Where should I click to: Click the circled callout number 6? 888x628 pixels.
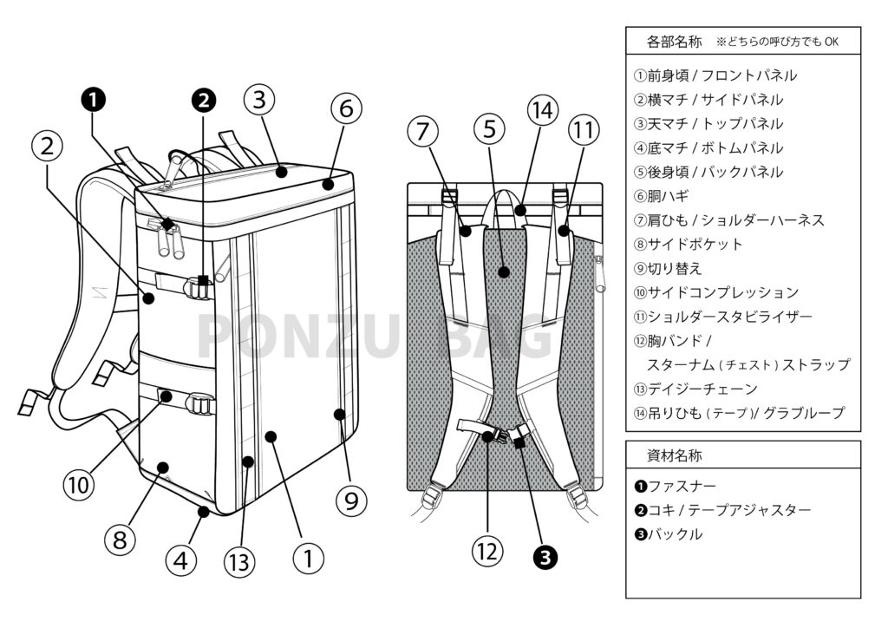pyautogui.click(x=345, y=110)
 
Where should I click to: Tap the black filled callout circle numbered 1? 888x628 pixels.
pyautogui.click(x=94, y=101)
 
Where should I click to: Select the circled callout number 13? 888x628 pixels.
pyautogui.click(x=240, y=561)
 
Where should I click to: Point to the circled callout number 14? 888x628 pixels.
pyautogui.click(x=542, y=110)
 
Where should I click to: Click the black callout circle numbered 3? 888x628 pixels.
pyautogui.click(x=545, y=559)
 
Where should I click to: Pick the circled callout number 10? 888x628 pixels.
pyautogui.click(x=79, y=484)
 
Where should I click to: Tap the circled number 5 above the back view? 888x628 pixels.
pyautogui.click(x=490, y=131)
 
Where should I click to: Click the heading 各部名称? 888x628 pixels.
pyautogui.click(x=676, y=42)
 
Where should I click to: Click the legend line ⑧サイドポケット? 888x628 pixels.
pyautogui.click(x=689, y=245)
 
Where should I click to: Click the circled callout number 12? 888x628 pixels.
pyautogui.click(x=487, y=549)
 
